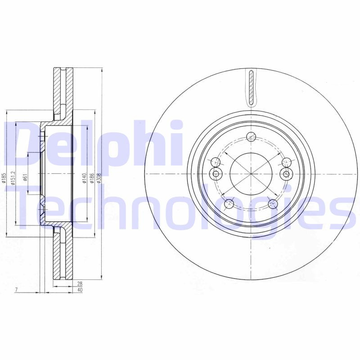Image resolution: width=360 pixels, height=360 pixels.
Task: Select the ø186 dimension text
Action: (x=92, y=178)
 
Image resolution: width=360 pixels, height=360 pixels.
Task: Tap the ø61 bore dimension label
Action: (x=26, y=177)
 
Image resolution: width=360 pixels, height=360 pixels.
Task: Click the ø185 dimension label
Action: (x=4, y=179)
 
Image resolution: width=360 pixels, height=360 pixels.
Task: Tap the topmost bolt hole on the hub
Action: (x=252, y=137)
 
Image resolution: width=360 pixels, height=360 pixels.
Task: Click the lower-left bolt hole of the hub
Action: (x=228, y=204)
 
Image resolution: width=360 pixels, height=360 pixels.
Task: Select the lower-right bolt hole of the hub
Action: (x=273, y=204)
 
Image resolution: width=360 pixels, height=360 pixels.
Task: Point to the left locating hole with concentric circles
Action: (x=216, y=174)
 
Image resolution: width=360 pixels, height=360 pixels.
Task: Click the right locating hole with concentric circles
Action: (x=285, y=174)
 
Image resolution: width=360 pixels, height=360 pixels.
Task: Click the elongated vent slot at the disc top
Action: (x=251, y=87)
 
